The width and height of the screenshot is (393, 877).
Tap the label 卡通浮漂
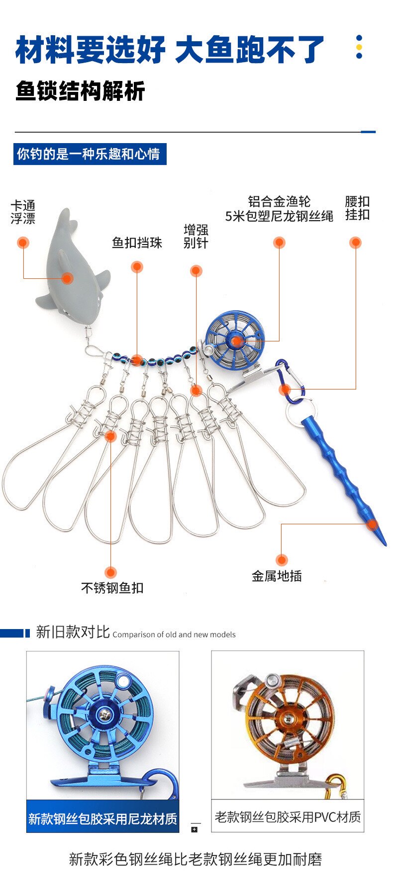[23, 212]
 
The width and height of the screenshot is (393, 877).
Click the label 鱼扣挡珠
[137, 242]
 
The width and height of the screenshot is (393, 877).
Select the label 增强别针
[196, 237]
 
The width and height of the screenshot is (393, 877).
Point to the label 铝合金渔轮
[279, 202]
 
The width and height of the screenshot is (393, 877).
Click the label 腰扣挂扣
[357, 208]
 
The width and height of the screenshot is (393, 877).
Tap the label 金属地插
[277, 576]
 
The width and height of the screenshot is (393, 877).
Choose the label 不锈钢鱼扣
[112, 588]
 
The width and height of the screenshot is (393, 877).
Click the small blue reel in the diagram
[234, 340]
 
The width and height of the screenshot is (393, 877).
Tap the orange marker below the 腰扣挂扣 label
[355, 242]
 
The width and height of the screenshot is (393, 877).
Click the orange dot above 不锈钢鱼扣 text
[110, 572]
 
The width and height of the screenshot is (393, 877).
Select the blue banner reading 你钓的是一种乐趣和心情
[90, 154]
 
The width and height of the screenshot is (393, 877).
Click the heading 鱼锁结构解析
[80, 91]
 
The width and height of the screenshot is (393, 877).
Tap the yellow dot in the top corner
[359, 47]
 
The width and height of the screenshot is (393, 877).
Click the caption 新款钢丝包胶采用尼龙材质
[102, 818]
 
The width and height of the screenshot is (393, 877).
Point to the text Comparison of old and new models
[174, 635]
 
